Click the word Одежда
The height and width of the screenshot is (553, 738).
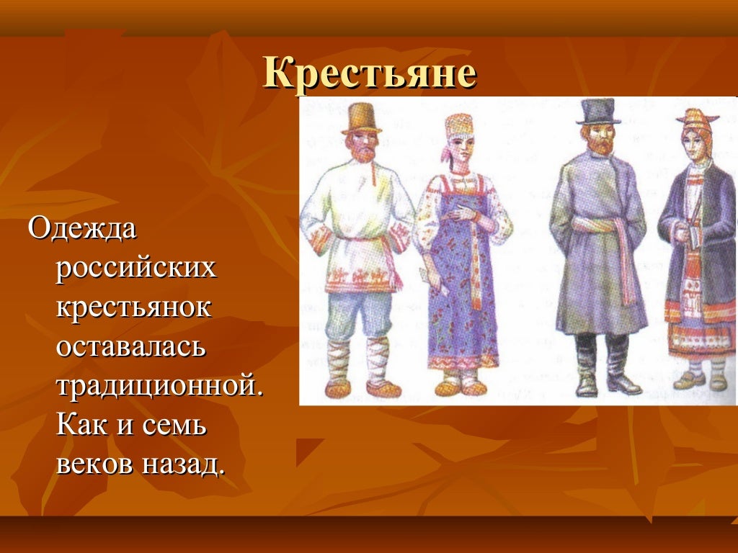[x=81, y=230]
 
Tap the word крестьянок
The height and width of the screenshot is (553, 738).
[x=134, y=308]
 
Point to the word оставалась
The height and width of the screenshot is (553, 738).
[x=132, y=347]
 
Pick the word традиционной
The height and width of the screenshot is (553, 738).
[x=160, y=387]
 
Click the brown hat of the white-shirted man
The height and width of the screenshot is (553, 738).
[x=361, y=117]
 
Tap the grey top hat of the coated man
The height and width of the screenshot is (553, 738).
[x=599, y=111]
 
